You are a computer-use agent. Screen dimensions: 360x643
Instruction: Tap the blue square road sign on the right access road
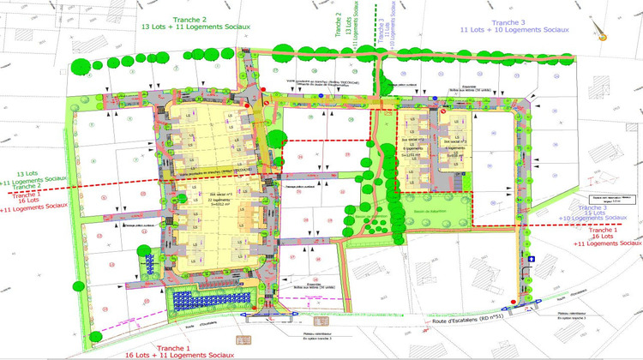532,258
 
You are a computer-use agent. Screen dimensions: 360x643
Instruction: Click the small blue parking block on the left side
151,244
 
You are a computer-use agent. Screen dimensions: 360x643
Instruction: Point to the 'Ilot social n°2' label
412,141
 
